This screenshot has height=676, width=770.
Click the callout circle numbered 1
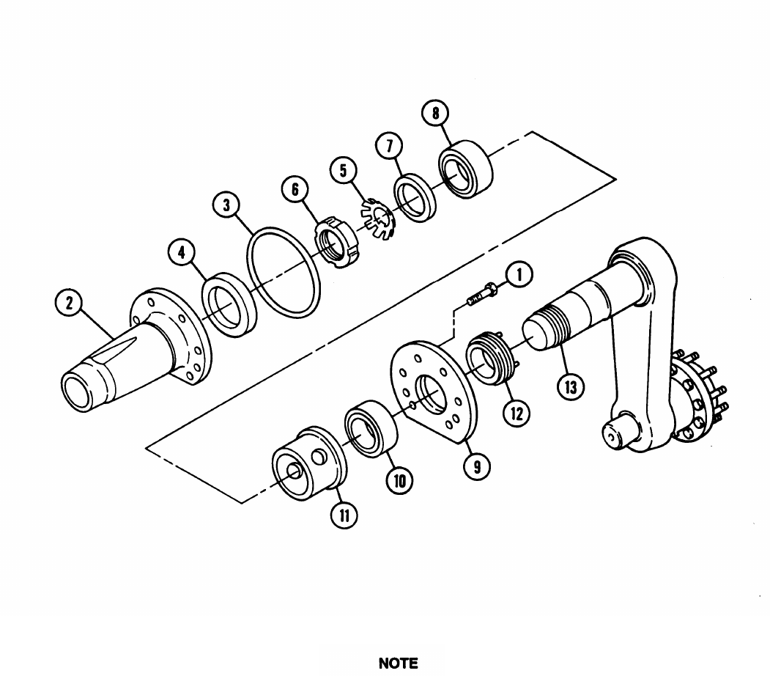tap(519, 274)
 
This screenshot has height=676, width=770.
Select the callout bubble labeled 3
tap(226, 205)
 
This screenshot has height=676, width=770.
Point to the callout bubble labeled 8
tap(436, 113)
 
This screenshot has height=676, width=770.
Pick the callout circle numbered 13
tap(571, 386)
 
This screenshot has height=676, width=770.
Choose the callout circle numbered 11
tap(344, 515)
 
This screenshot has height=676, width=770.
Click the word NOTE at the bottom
tap(399, 664)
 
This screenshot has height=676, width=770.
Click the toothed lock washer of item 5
tap(378, 218)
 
